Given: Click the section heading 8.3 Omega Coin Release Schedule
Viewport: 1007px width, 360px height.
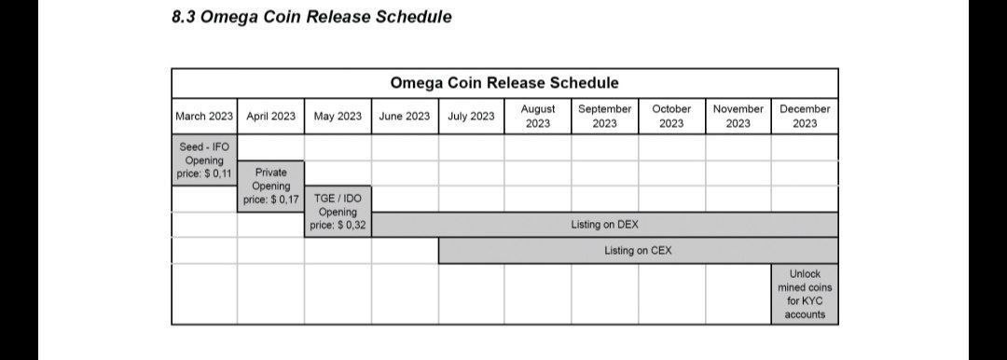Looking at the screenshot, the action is pyautogui.click(x=311, y=17).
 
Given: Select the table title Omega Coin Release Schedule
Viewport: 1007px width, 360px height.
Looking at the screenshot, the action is pyautogui.click(x=504, y=83).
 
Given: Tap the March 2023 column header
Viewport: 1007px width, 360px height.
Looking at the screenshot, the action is pyautogui.click(x=204, y=117).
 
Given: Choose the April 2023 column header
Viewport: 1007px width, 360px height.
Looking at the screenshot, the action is pyautogui.click(x=271, y=117).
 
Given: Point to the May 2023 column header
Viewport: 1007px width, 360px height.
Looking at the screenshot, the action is pyautogui.click(x=338, y=117).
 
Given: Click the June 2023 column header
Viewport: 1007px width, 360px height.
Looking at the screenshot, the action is pyautogui.click(x=405, y=117).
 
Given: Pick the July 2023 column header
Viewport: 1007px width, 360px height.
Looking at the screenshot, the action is pyautogui.click(x=472, y=117).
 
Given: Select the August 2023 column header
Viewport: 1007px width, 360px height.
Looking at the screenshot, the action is pyautogui.click(x=538, y=117).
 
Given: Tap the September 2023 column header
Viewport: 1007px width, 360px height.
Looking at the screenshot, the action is pyautogui.click(x=605, y=117).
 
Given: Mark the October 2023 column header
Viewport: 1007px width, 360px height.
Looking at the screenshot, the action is pyautogui.click(x=671, y=117).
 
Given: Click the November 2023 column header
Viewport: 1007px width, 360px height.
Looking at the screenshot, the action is pyautogui.click(x=738, y=117).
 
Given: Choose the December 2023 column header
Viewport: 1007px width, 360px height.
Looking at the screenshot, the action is pyautogui.click(x=805, y=117).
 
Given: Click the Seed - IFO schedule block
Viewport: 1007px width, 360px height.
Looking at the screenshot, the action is pyautogui.click(x=204, y=160).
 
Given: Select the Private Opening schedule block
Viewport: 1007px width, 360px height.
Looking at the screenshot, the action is pyautogui.click(x=271, y=186).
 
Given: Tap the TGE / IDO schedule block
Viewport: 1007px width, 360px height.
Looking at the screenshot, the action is pyautogui.click(x=338, y=212).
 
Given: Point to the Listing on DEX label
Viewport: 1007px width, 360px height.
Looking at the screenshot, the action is pyautogui.click(x=605, y=225).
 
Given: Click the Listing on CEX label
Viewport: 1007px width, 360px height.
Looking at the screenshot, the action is pyautogui.click(x=639, y=251).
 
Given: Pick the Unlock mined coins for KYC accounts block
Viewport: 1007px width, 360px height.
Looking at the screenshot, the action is pyautogui.click(x=805, y=294).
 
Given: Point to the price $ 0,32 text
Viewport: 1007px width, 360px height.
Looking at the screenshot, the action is pyautogui.click(x=338, y=226).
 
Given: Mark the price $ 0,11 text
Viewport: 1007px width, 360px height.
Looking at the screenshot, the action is pyautogui.click(x=204, y=174).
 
